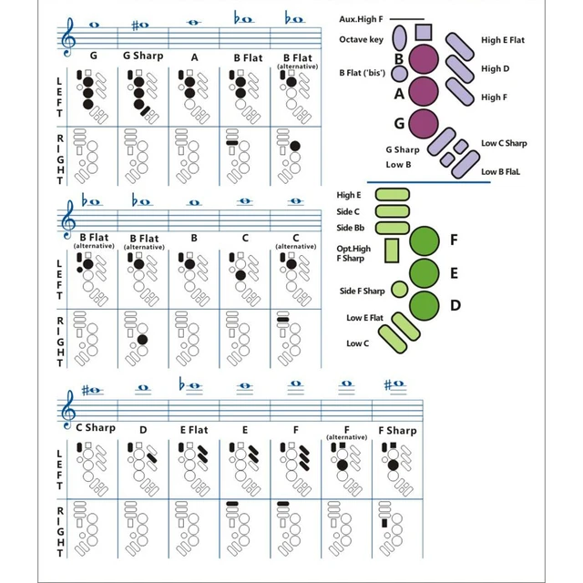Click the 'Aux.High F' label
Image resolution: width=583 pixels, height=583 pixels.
[362, 18]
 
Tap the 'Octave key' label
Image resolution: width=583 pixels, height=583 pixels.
[360, 39]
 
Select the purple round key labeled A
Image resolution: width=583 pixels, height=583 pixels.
[424, 92]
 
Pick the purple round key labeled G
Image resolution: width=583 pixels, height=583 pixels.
[424, 123]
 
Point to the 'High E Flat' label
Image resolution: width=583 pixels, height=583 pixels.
[503, 40]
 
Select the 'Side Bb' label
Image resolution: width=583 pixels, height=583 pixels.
[352, 228]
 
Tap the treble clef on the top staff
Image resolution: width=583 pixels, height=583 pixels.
[67, 36]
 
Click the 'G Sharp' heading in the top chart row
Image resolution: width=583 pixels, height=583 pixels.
[143, 56]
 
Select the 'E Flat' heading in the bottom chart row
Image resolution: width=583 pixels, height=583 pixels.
[193, 429]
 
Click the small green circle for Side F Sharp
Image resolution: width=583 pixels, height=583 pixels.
[398, 290]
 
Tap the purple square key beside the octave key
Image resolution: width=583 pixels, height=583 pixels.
[422, 35]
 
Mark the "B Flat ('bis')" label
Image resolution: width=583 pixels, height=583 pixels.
[361, 71]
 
